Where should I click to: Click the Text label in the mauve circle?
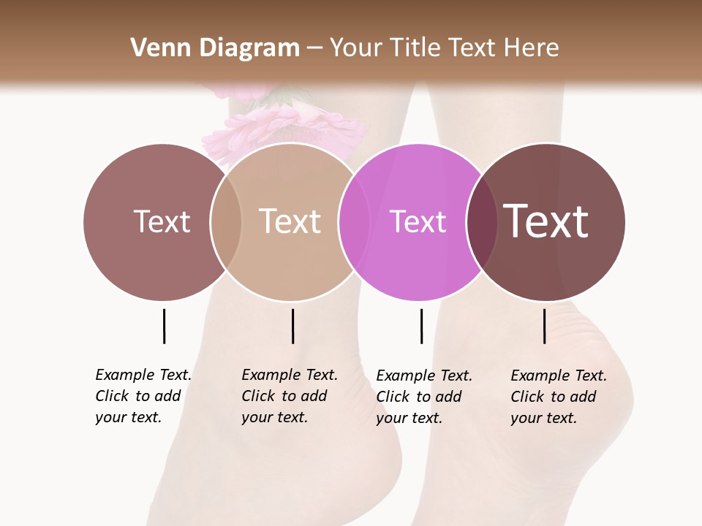[162, 221]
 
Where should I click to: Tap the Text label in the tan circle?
[290, 221]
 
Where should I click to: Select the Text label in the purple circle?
[418, 221]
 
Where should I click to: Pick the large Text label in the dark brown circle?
[546, 221]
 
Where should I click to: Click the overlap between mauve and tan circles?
[226, 221]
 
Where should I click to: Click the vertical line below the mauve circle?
[164, 326]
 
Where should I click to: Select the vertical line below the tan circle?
[292, 326]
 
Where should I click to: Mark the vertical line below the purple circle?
[421, 326]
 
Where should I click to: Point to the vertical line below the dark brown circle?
[544, 326]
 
